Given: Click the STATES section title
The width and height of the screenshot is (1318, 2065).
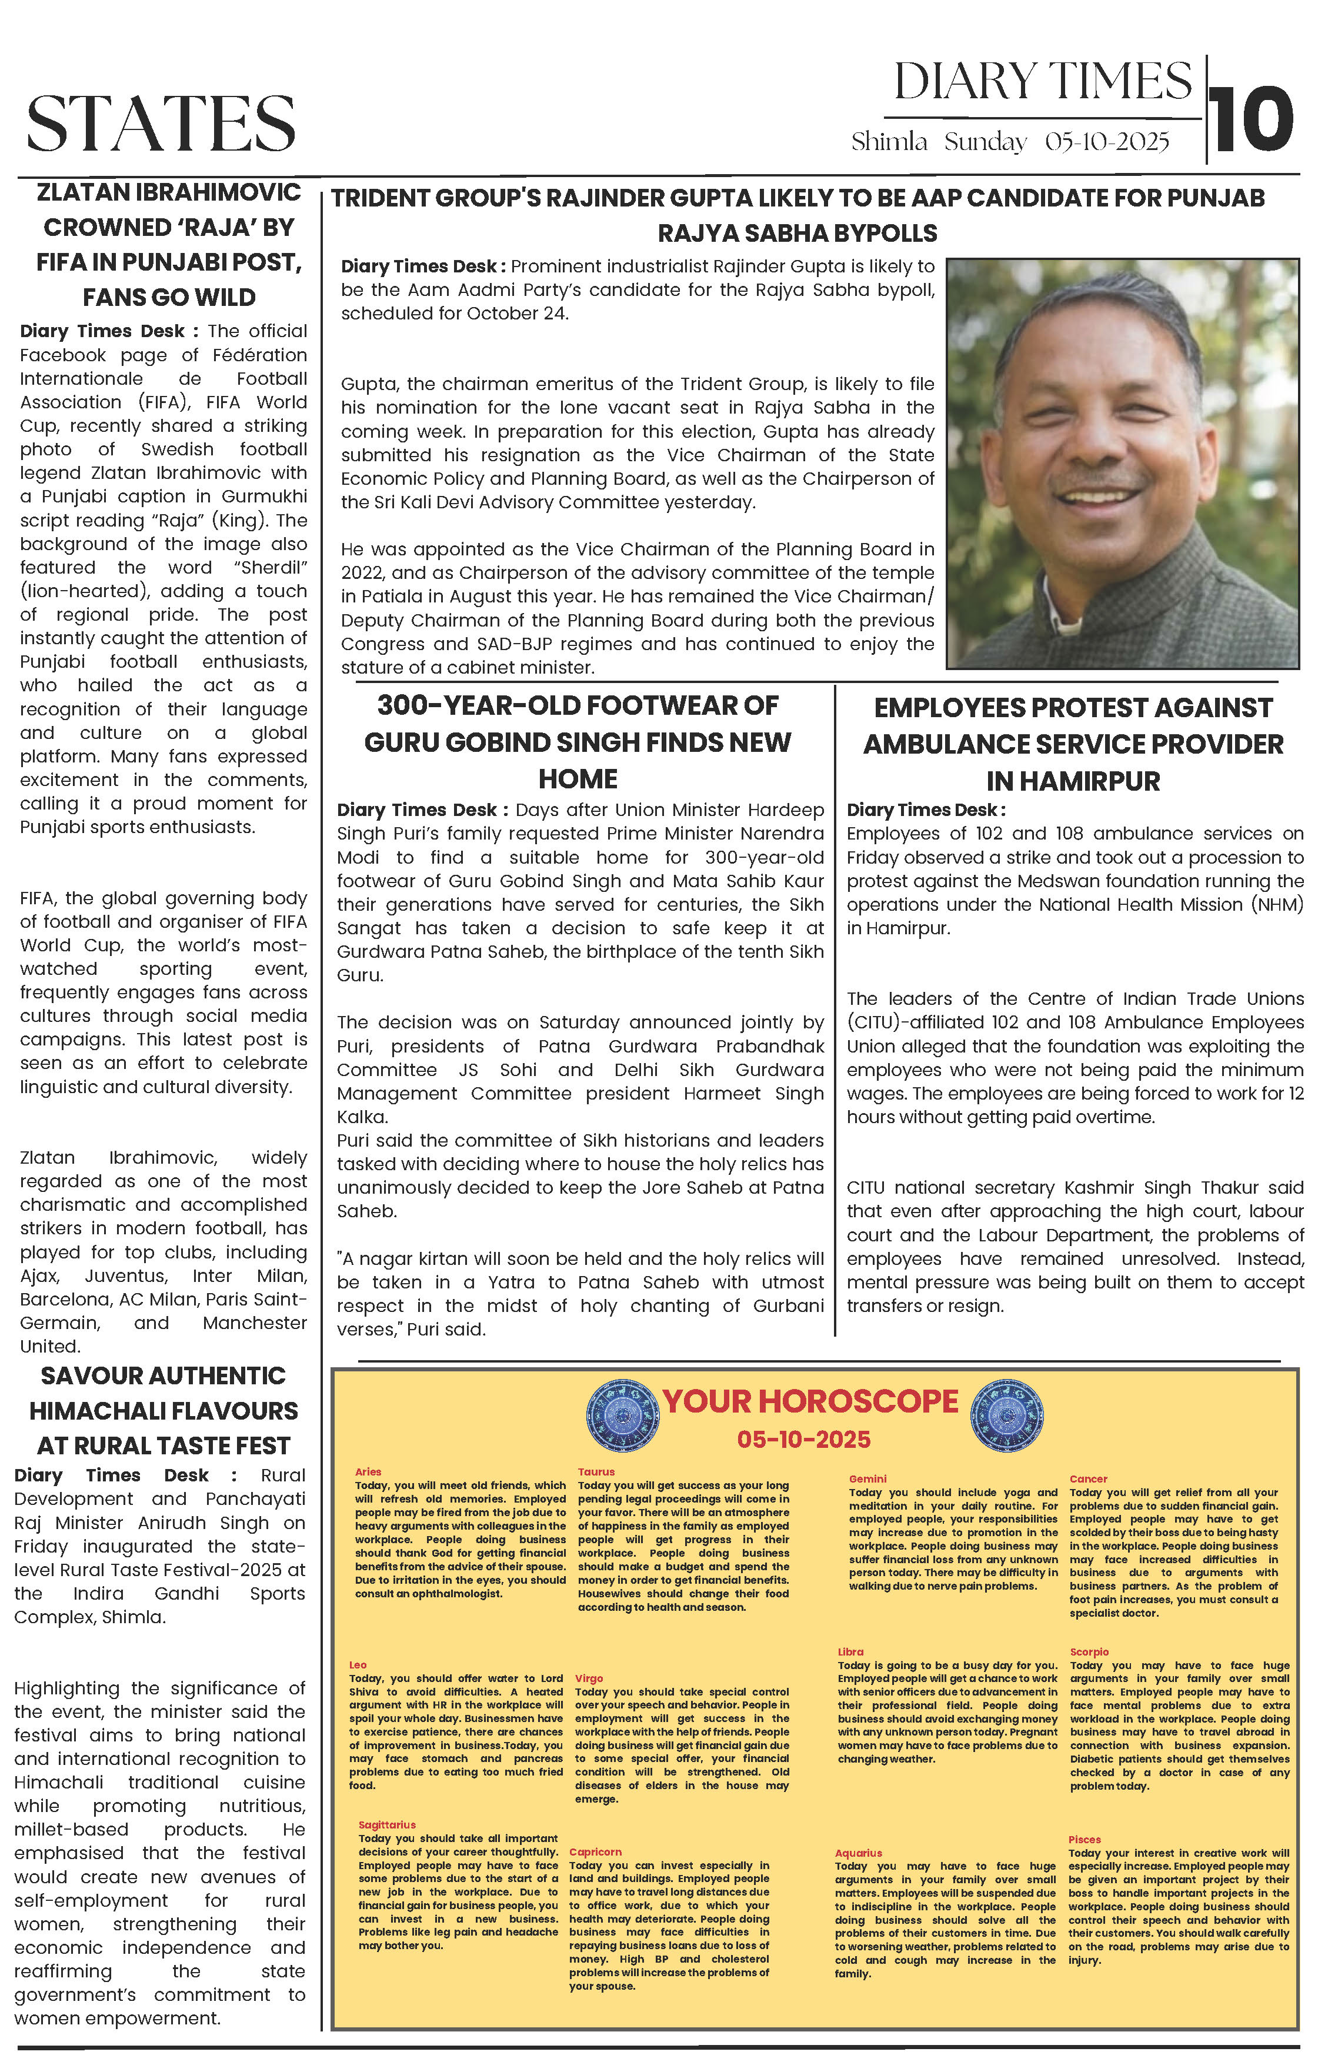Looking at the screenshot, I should click(x=161, y=124).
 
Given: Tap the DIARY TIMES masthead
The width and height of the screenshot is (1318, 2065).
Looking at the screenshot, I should click(x=1042, y=82).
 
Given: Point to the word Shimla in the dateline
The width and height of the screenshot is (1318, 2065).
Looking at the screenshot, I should click(x=889, y=142).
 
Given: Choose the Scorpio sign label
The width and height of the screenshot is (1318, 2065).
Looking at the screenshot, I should click(x=1089, y=1651).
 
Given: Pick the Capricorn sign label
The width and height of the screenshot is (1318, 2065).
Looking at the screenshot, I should click(x=595, y=1851).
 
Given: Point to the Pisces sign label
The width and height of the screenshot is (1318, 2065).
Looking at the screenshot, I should click(x=1084, y=1838).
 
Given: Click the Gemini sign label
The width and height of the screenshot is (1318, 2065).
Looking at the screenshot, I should click(x=867, y=1478).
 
